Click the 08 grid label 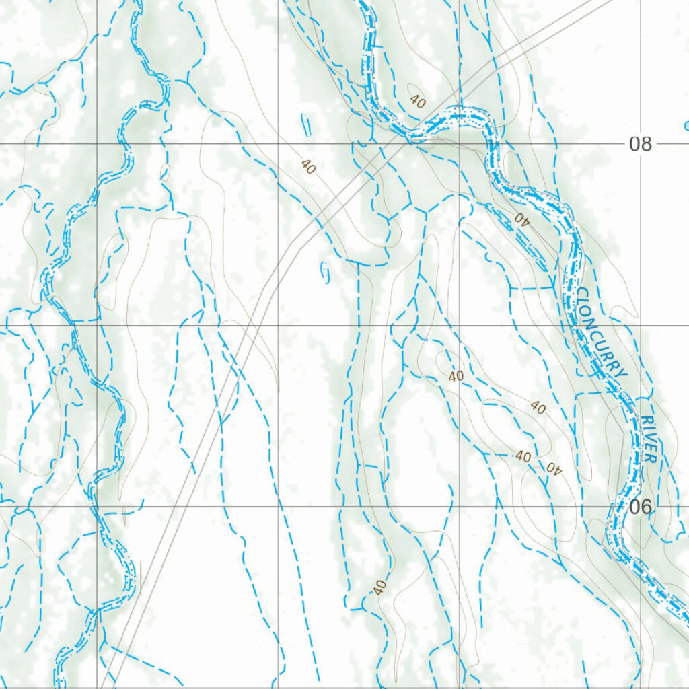641,143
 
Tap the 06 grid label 641,507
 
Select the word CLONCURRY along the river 602,334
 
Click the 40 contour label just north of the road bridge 418,102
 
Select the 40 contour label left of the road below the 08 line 307,166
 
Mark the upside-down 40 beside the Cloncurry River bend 522,217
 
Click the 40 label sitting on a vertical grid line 456,376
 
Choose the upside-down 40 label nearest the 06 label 553,468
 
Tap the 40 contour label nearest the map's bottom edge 380,587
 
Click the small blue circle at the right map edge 686,125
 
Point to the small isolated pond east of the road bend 326,270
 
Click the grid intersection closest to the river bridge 460,143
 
